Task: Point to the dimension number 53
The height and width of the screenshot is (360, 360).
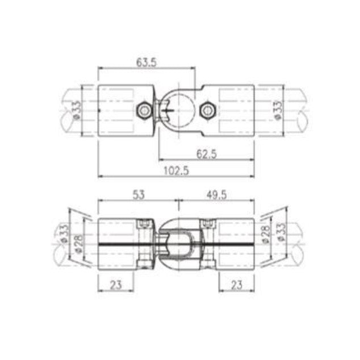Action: point(138,194)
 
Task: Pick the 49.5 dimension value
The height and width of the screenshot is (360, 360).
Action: point(217,194)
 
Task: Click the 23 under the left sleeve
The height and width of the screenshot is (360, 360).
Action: point(116,285)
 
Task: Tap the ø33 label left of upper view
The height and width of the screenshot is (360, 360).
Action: point(76,110)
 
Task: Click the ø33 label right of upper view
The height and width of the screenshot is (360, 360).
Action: point(277,110)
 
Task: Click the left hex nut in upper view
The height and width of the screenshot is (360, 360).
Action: point(145,110)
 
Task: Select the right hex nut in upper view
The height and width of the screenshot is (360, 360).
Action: point(208,110)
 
